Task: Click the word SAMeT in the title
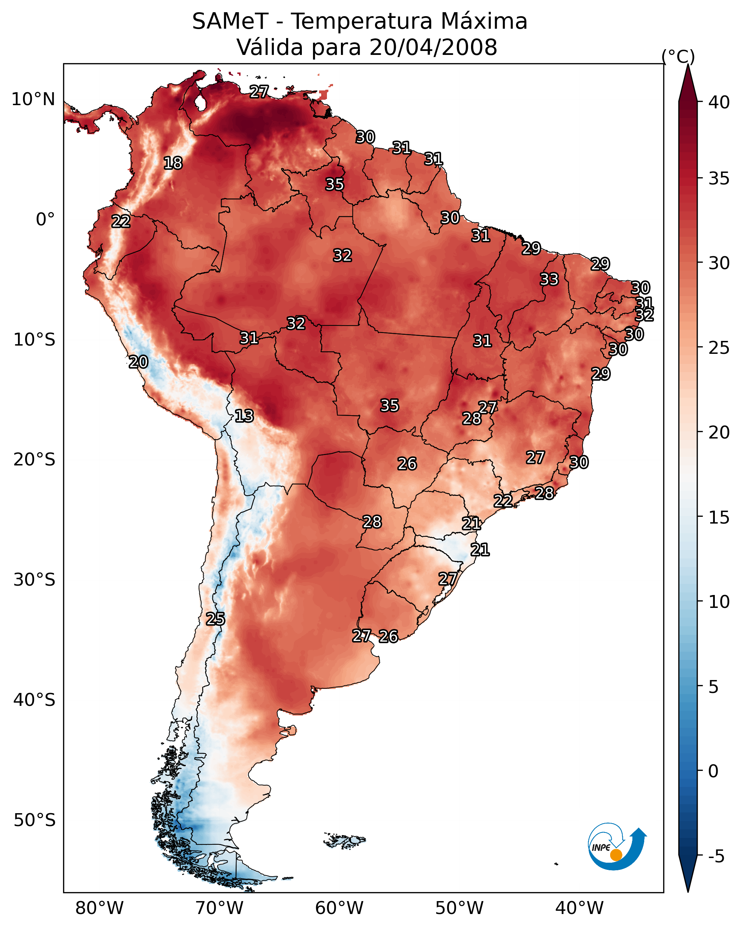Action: coord(230,22)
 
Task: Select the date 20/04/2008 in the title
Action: coord(433,47)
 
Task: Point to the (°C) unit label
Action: coord(678,56)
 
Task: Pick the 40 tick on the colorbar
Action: coord(719,102)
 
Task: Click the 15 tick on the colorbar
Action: coord(719,517)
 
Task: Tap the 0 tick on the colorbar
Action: coord(713,771)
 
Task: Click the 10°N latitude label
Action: coord(33,99)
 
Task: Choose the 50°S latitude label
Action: coord(34,820)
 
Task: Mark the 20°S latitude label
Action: coord(34,460)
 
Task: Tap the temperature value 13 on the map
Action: coord(244,416)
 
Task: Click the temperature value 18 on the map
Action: coord(173,163)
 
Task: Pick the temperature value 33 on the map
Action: coord(549,279)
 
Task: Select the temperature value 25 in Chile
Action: coord(215,619)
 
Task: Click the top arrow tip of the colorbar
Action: coord(688,65)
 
